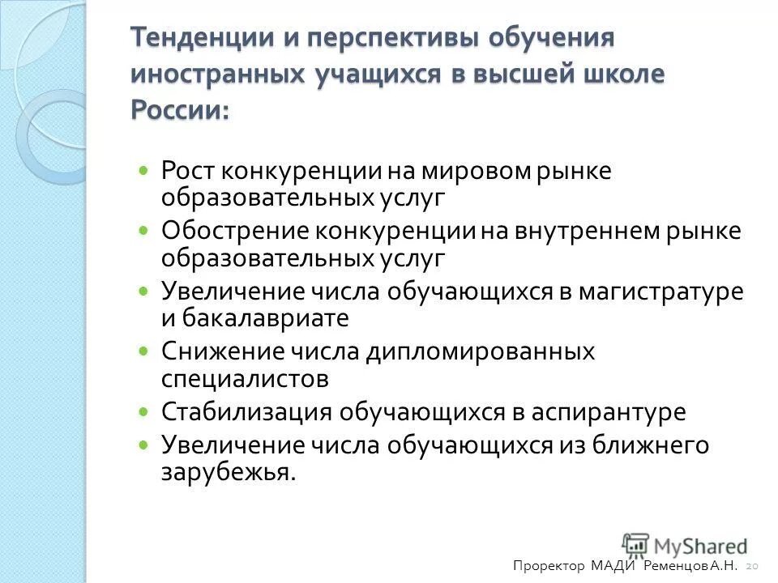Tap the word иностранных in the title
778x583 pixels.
tap(213, 73)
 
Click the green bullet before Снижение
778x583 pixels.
tap(144, 352)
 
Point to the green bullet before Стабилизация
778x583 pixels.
tap(144, 412)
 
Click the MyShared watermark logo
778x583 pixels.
tap(685, 544)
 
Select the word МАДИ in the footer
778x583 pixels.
tap(615, 566)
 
